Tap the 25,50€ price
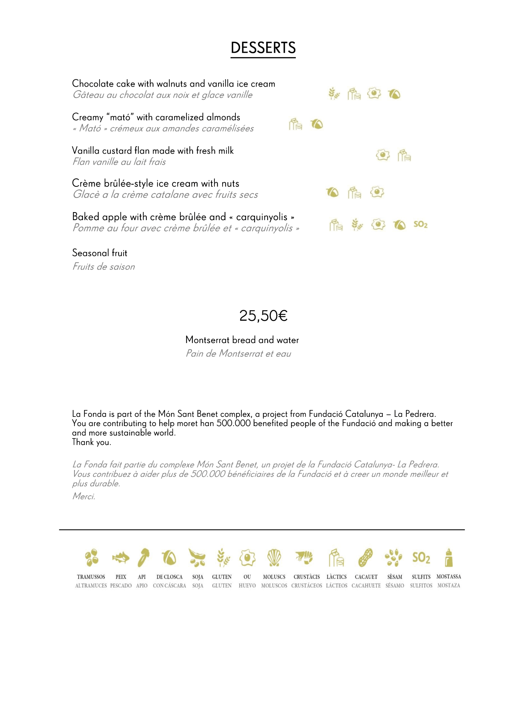coord(263,316)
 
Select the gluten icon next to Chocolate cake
coord(334,94)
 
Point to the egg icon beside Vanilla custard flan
coord(383,155)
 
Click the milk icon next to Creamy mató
coord(295,124)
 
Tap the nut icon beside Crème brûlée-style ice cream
coord(332,192)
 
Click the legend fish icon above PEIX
coord(121,558)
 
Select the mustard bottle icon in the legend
coord(449,557)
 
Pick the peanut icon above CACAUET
coord(365,558)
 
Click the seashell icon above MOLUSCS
coord(274,558)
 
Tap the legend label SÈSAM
coord(394,577)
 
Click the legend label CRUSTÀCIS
coord(306,577)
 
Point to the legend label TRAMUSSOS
coord(91,577)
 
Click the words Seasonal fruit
coord(100,253)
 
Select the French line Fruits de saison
coord(104,267)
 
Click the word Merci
coord(84,496)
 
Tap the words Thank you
coord(91,442)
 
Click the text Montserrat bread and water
coord(242,340)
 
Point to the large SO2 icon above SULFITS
coord(421,558)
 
